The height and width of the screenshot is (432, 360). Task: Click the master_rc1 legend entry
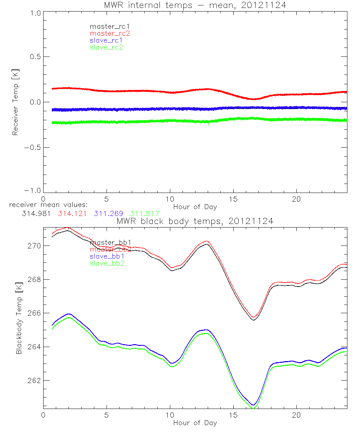point(106,26)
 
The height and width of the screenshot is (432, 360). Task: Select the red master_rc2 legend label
point(110,33)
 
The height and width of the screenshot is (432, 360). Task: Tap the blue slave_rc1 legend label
point(106,40)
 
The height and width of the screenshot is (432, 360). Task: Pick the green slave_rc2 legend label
point(106,47)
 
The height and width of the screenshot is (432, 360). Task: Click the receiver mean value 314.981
point(36,213)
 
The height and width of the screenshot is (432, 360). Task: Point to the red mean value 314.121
point(72,213)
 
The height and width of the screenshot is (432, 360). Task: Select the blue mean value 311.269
point(108,213)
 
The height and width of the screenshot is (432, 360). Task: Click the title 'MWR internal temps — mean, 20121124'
point(195,5)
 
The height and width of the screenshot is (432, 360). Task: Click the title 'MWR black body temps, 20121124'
point(195,221)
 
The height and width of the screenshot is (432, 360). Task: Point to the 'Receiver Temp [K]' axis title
point(15,102)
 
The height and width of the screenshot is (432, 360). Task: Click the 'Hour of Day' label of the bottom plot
point(195,423)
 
